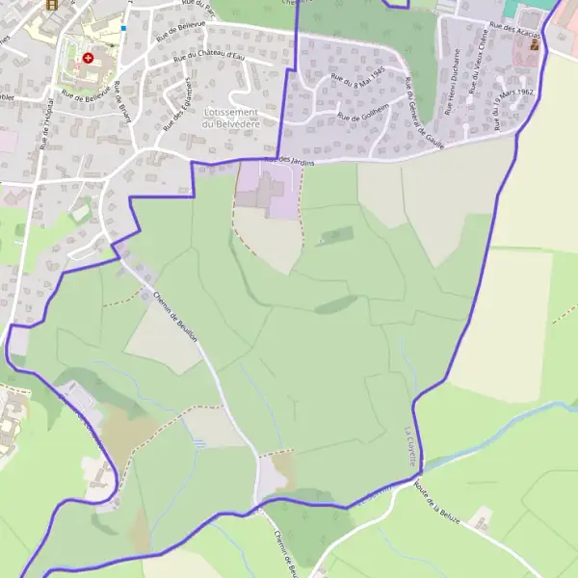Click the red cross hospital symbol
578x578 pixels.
88,58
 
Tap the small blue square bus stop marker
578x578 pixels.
124,28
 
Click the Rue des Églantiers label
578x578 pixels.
176,99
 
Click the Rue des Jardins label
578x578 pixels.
289,160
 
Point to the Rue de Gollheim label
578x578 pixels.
362,116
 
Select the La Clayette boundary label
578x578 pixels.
411,446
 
